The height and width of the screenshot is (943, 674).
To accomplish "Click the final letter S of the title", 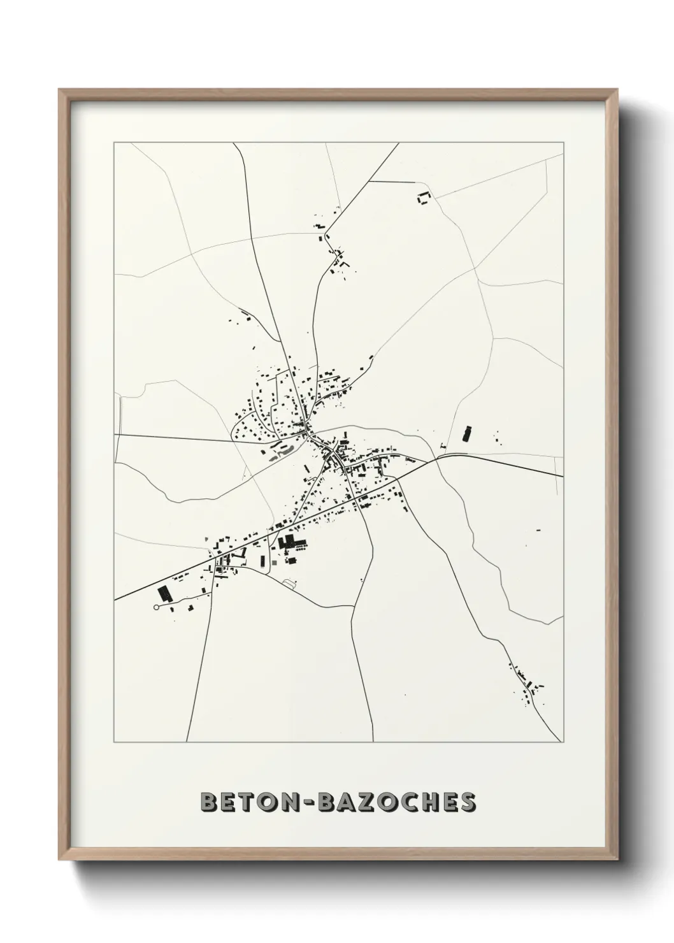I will point(468,803).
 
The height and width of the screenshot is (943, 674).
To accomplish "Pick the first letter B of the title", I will point(207,803).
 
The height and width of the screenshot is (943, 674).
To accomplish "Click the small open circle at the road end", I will point(156,608).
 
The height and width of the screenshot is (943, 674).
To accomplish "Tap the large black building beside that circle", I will point(165,594).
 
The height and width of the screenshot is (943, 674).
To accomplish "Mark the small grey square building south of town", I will point(274,561).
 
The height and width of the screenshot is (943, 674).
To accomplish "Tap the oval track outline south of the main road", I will point(290,582).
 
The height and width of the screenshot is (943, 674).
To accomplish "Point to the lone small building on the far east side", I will point(538,530).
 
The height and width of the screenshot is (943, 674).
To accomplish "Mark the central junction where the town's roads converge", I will point(309,433).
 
